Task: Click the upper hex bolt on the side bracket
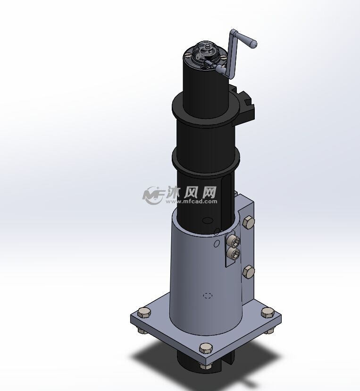248,223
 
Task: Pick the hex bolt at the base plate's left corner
144,313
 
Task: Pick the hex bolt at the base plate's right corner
267,313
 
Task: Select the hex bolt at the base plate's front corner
206,348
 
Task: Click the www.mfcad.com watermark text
192,201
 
